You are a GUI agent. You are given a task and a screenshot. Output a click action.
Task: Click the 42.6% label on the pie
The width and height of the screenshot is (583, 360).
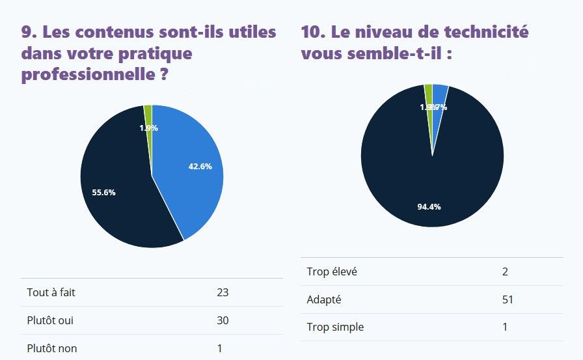pyautogui.click(x=200, y=167)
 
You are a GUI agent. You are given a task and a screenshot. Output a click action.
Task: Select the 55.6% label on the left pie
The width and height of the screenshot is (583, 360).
pyautogui.click(x=103, y=192)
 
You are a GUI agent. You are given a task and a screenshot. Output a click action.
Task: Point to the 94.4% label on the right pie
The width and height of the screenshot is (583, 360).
pyautogui.click(x=429, y=207)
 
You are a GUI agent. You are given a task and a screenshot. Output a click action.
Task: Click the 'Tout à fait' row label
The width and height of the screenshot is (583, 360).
pyautogui.click(x=51, y=292)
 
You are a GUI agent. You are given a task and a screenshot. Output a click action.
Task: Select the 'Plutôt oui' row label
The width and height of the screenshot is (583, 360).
pyautogui.click(x=49, y=320)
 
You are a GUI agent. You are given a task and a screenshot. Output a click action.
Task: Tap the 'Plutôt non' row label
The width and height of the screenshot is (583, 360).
pyautogui.click(x=51, y=348)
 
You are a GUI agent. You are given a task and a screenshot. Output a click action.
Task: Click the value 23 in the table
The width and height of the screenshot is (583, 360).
pyautogui.click(x=223, y=292)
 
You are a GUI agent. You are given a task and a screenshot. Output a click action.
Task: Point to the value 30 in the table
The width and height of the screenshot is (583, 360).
pyautogui.click(x=223, y=320)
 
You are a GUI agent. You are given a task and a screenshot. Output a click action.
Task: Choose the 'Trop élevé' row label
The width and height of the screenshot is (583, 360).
pyautogui.click(x=332, y=271)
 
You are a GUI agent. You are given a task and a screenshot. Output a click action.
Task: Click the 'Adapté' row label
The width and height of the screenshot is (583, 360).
pyautogui.click(x=323, y=299)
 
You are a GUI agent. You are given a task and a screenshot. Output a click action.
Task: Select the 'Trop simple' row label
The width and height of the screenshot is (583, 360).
pyautogui.click(x=335, y=327)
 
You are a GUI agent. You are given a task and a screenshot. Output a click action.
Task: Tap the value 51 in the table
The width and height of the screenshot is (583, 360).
pyautogui.click(x=508, y=299)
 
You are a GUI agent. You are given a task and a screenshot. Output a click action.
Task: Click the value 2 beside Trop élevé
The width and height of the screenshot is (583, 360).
pyautogui.click(x=505, y=271)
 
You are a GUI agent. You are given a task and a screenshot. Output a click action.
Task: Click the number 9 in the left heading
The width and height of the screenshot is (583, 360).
pyautogui.click(x=27, y=32)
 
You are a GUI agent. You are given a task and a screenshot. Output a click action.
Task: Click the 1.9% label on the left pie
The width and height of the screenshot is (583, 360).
pyautogui.click(x=148, y=128)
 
